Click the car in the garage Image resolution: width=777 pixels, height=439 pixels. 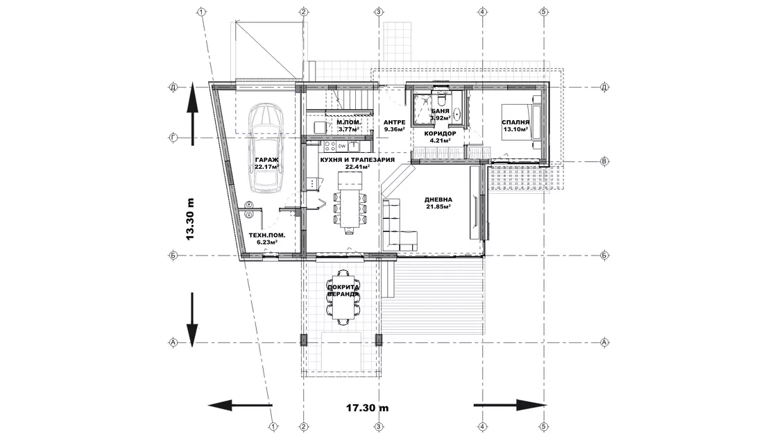(266, 148)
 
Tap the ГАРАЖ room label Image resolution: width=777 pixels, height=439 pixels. (266, 160)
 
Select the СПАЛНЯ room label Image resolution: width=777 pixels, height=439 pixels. (515, 122)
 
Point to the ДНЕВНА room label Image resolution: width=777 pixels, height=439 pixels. (438, 200)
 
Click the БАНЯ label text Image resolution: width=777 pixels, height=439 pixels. (440, 111)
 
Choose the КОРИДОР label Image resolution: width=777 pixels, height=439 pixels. (440, 133)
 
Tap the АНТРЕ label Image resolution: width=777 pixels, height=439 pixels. (395, 122)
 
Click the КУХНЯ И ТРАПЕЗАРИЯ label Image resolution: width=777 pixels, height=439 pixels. (357, 160)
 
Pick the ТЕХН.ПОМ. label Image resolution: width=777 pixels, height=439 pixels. (266, 235)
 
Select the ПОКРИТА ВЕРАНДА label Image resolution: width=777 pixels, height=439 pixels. (343, 290)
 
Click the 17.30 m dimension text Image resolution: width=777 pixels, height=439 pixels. (367, 408)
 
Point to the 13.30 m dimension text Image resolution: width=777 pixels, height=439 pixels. (190, 219)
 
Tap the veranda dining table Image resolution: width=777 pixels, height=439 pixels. (343, 296)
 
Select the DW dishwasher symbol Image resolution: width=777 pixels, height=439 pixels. (342, 146)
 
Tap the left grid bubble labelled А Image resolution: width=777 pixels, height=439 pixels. (173, 342)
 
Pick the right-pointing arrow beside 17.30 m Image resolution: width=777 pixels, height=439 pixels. (510, 405)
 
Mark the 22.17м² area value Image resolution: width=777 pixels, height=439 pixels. (266, 167)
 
